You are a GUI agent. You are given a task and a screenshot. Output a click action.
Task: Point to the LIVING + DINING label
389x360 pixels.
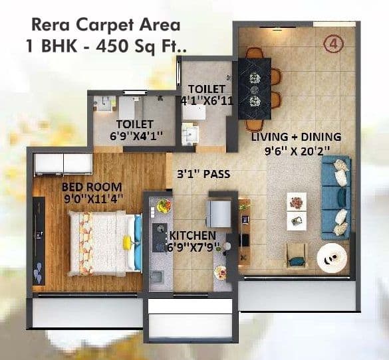coord(296,137)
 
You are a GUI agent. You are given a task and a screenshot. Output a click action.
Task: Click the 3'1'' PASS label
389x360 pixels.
coord(203,175)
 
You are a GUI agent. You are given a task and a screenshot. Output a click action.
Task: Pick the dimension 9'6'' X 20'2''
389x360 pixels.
coord(297,150)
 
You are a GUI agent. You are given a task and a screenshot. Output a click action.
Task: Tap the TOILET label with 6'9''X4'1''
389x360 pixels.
coord(135,124)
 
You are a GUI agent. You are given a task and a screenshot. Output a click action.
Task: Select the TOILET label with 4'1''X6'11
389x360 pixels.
coord(207,89)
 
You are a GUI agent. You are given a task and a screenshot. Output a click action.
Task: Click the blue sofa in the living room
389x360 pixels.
coord(335,198)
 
